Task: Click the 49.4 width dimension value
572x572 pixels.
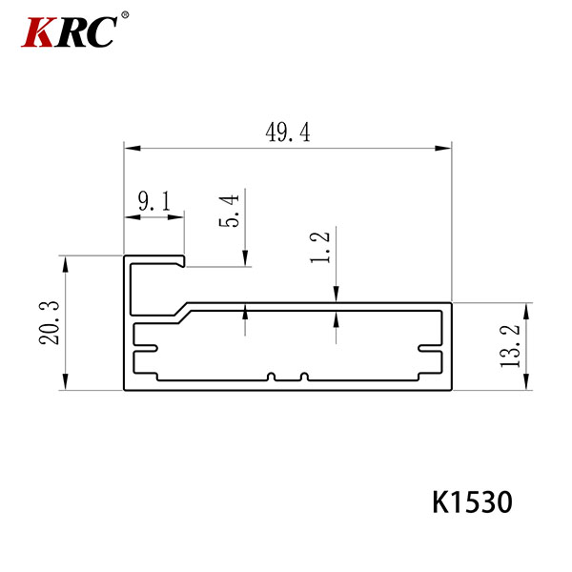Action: pyautogui.click(x=288, y=133)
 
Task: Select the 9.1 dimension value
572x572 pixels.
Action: pyautogui.click(x=154, y=201)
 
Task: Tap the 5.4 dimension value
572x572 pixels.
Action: pyautogui.click(x=229, y=211)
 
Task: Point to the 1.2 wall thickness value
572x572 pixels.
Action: pyautogui.click(x=320, y=247)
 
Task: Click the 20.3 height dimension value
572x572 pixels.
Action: pyautogui.click(x=49, y=323)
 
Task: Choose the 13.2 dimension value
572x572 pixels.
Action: pyautogui.click(x=510, y=346)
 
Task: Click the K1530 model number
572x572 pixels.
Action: pyautogui.click(x=473, y=502)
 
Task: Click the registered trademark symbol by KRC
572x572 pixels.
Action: pyautogui.click(x=125, y=15)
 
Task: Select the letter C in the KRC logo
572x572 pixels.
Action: pyautogui.click(x=101, y=32)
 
